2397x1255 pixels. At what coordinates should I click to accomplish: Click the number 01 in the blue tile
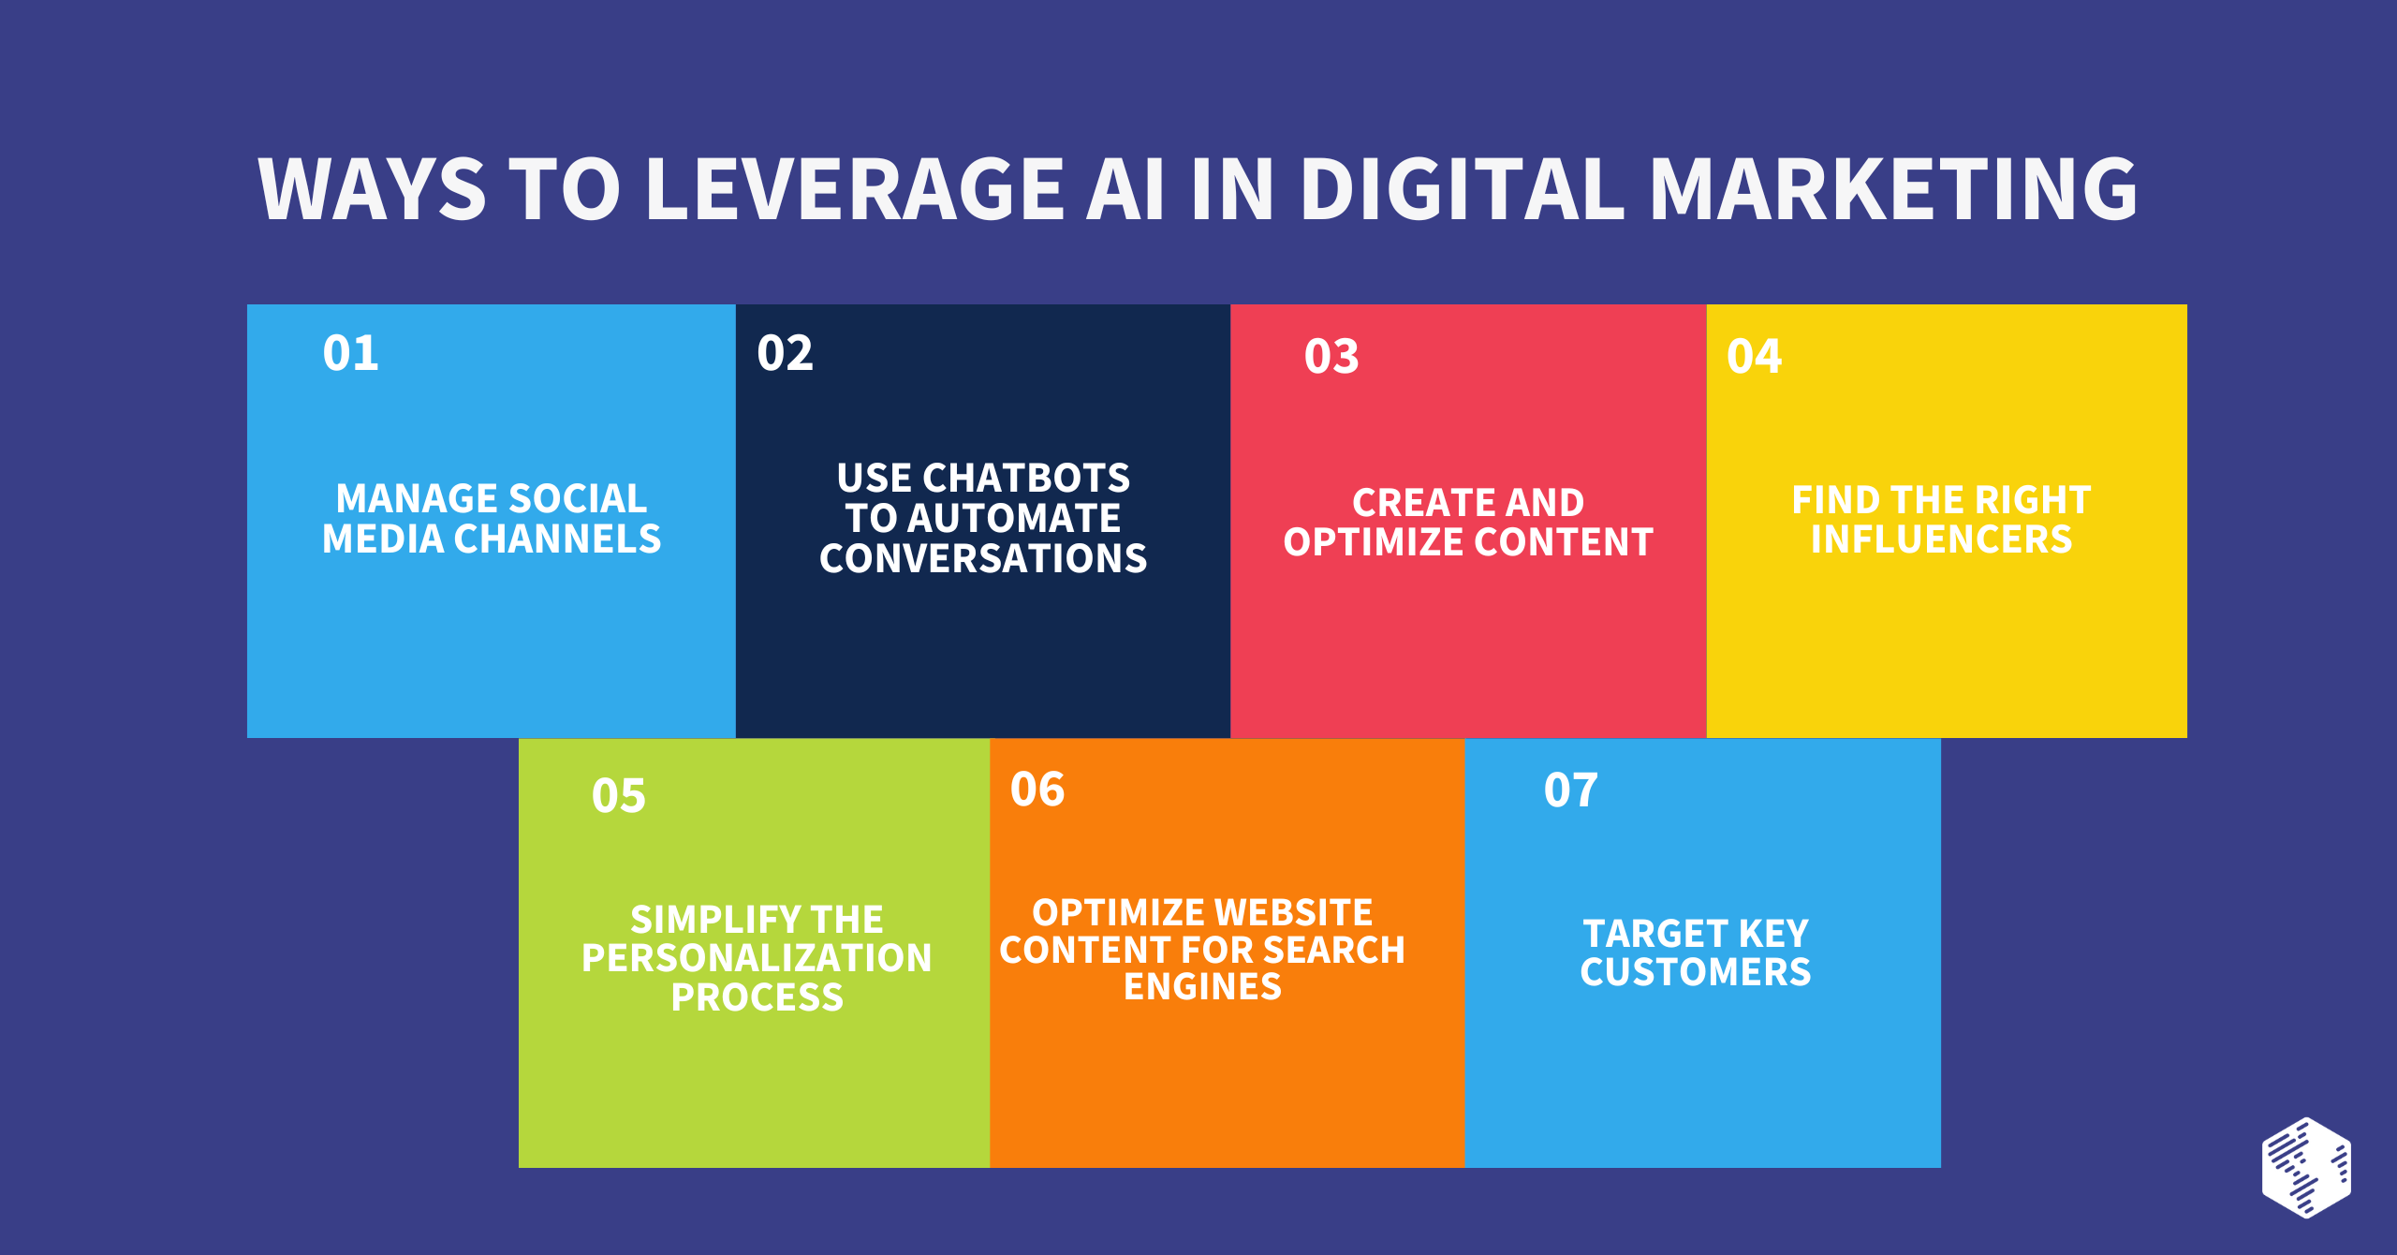point(351,353)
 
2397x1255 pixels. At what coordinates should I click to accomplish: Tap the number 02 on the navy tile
point(786,353)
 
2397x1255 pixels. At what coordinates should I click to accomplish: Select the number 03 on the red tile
point(1331,357)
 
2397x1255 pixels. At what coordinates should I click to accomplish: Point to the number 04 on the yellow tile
point(1755,357)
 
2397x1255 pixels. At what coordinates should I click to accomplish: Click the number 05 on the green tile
point(619,796)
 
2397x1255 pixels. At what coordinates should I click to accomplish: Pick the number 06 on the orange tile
point(1037,790)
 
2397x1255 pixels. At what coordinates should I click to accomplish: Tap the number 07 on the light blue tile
point(1571,790)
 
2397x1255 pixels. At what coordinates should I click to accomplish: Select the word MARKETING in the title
point(1893,189)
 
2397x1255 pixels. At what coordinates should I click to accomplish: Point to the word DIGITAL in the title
point(1463,189)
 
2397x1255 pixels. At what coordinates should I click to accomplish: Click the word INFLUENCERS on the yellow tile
point(1942,539)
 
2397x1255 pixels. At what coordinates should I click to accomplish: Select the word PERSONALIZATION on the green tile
point(757,958)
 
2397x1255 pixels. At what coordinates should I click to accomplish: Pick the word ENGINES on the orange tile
point(1202,986)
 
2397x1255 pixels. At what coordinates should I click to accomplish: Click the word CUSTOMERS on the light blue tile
point(1696,972)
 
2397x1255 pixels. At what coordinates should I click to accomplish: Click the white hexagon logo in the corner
point(2306,1167)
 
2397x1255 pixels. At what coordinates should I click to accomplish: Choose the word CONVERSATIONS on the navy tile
point(983,558)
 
